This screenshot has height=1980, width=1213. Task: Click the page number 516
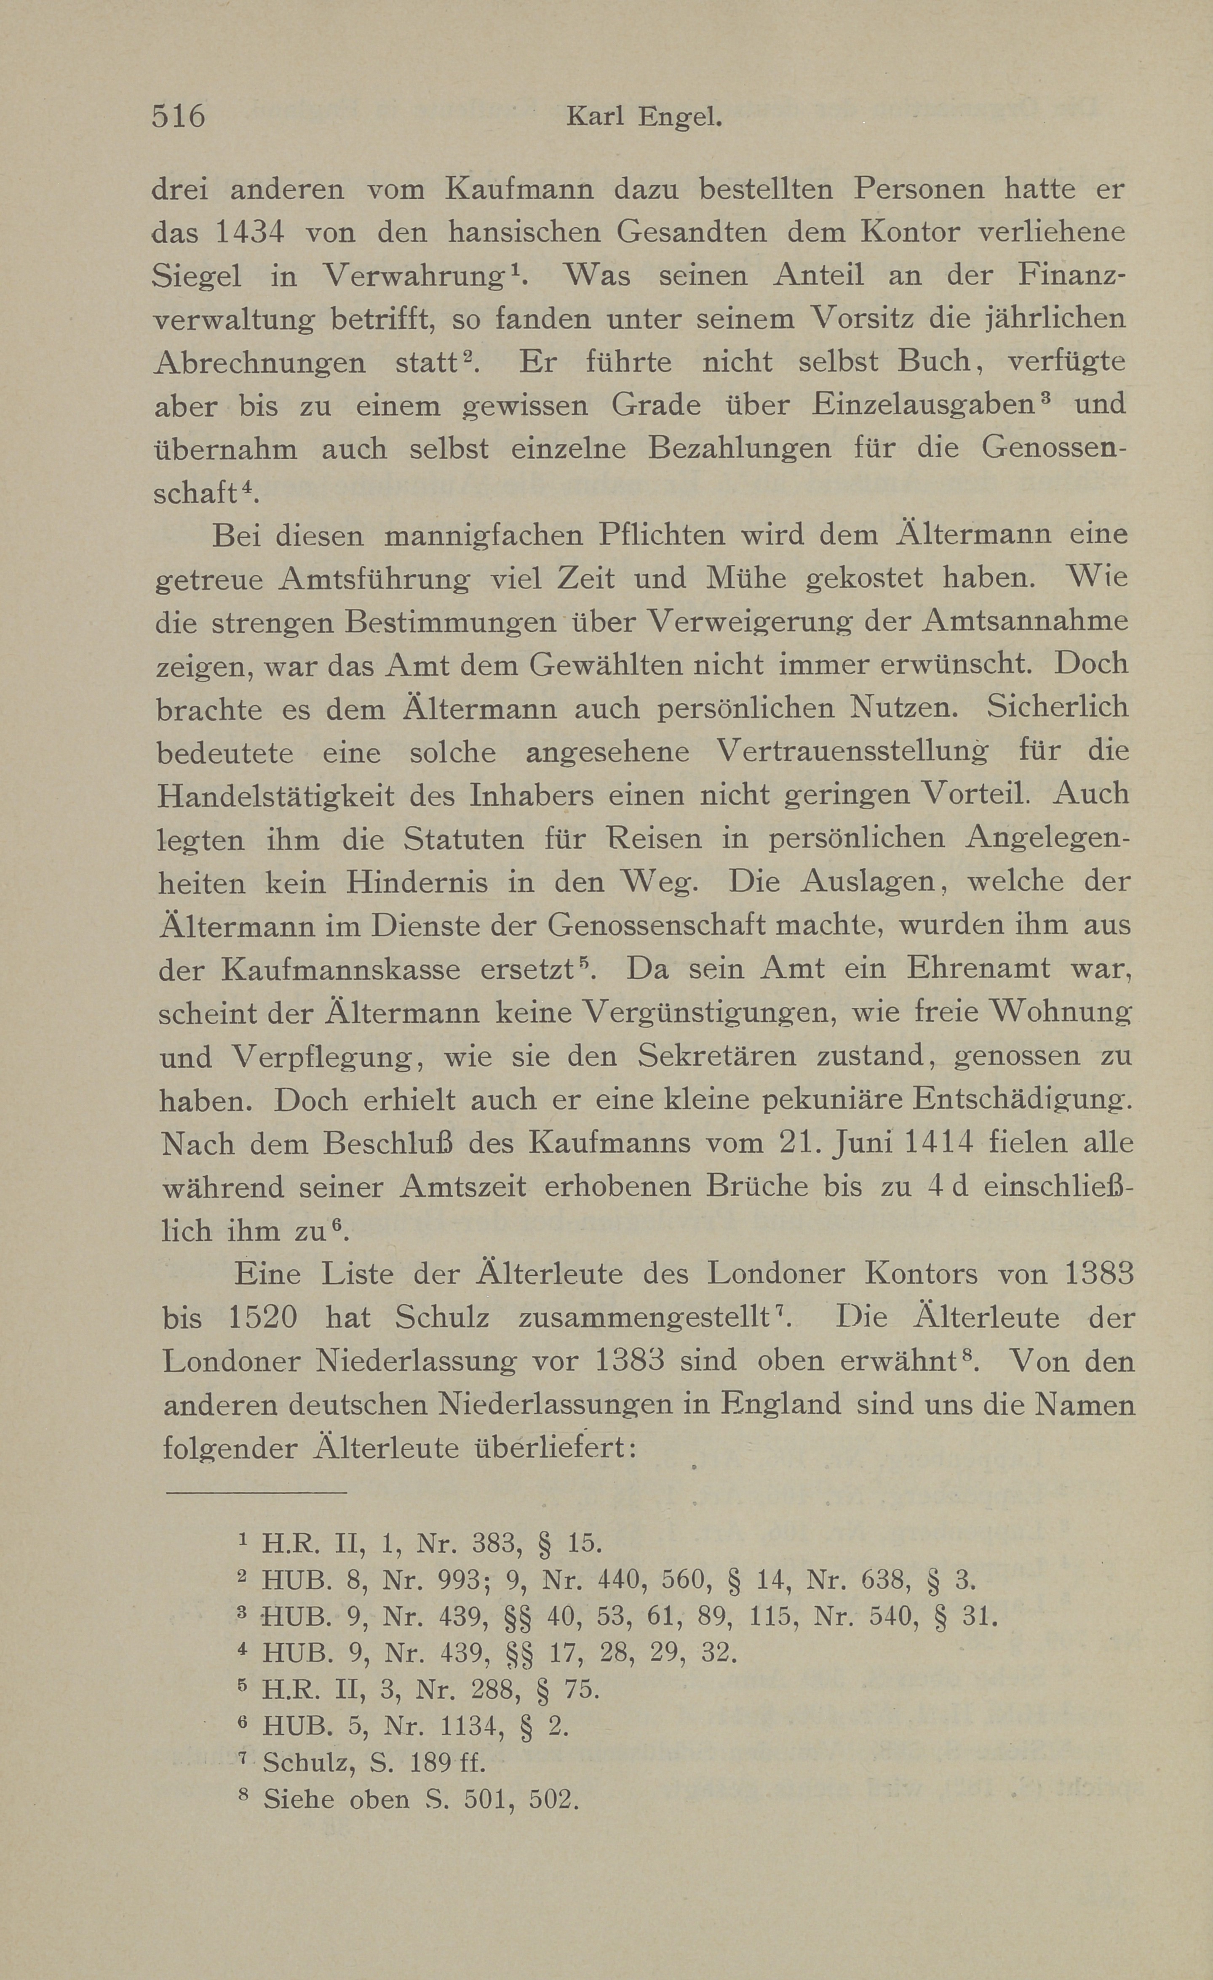click(x=179, y=117)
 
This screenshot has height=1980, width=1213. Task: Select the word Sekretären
click(x=716, y=1057)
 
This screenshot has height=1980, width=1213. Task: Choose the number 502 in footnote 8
click(x=553, y=1799)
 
